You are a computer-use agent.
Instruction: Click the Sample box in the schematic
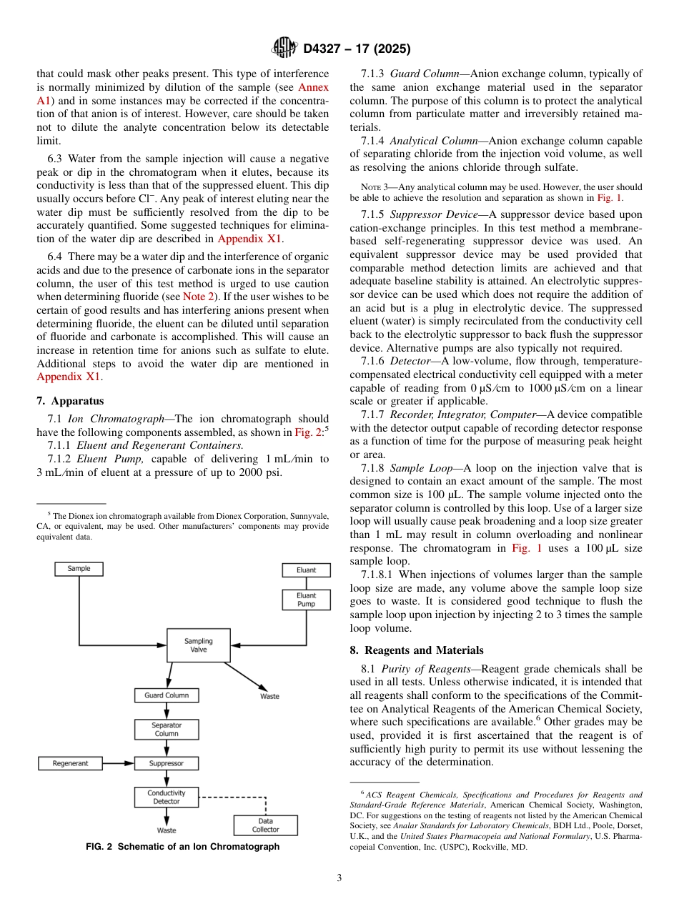[x=79, y=569]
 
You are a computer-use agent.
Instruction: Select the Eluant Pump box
[x=306, y=600]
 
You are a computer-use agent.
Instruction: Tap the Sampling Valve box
[x=198, y=645]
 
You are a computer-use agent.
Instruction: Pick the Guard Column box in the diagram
[x=167, y=695]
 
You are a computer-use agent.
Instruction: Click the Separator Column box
[x=167, y=729]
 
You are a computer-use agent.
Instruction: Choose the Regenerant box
[x=70, y=763]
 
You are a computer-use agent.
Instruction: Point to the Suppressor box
[x=167, y=763]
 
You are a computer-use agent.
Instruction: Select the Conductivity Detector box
[x=167, y=797]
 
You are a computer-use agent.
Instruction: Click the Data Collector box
[x=265, y=825]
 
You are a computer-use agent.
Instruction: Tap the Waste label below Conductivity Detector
[x=167, y=830]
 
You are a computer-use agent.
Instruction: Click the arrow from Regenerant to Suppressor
[x=119, y=763]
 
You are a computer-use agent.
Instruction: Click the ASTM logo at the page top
[x=284, y=49]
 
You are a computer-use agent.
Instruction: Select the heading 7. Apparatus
[x=70, y=401]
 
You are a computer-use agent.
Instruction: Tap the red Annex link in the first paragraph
[x=313, y=87]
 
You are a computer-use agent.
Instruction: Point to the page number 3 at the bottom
[x=339, y=878]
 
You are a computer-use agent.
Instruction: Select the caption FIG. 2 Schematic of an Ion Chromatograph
[x=182, y=847]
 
